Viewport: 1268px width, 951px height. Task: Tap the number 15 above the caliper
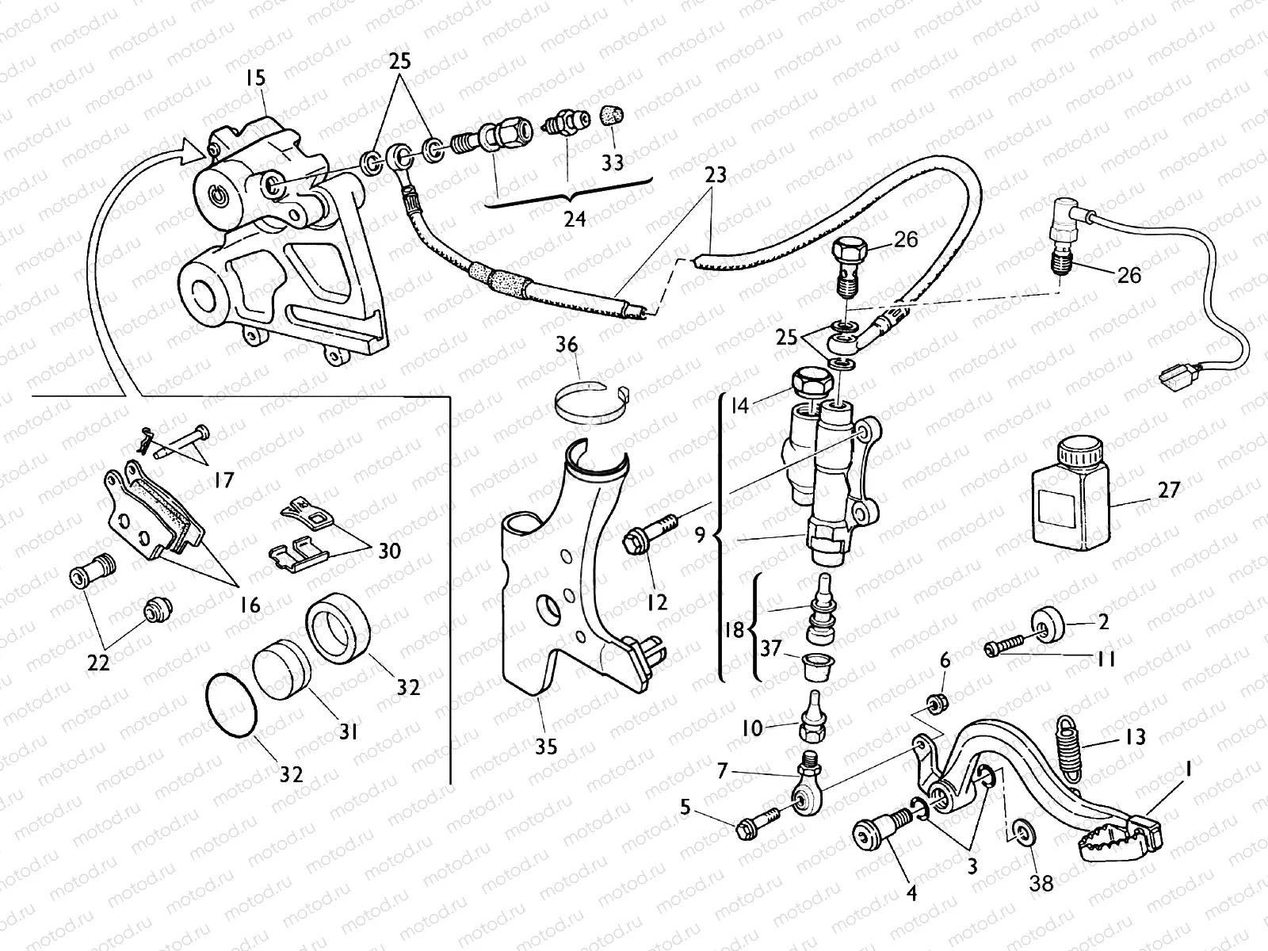point(256,78)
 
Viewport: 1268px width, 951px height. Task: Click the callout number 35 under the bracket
point(546,746)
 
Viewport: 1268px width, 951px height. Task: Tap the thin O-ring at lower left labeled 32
point(231,706)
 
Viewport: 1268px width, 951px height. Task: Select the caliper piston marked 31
point(281,673)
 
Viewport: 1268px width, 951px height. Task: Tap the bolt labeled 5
point(753,827)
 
